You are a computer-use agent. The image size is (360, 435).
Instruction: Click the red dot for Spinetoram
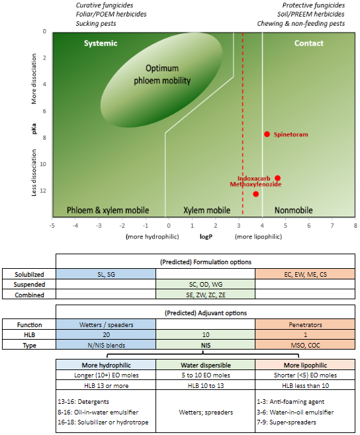pyautogui.click(x=267, y=134)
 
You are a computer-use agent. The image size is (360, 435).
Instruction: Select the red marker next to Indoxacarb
pyautogui.click(x=277, y=178)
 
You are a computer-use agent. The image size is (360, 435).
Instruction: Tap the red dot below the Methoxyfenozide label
pyautogui.click(x=255, y=194)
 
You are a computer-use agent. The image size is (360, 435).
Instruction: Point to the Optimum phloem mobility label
pyautogui.click(x=162, y=74)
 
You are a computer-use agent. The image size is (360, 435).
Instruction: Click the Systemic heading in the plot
pyautogui.click(x=101, y=43)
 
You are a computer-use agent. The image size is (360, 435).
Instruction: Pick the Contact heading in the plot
pyautogui.click(x=308, y=43)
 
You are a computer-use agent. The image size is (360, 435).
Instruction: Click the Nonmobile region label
pyautogui.click(x=293, y=211)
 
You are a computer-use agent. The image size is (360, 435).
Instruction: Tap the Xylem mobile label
pyautogui.click(x=206, y=211)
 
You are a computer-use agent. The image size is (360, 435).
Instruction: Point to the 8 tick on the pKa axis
pyautogui.click(x=44, y=138)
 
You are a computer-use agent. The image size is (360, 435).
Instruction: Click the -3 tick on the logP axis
pyautogui.click(x=99, y=226)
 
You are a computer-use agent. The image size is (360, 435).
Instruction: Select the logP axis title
pyautogui.click(x=206, y=236)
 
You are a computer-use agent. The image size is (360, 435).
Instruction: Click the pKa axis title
pyautogui.click(x=34, y=128)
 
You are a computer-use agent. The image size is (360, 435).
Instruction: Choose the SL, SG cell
pyautogui.click(x=106, y=274)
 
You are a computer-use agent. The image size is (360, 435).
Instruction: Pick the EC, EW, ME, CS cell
pyautogui.click(x=305, y=274)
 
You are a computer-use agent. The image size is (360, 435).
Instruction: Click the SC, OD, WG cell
pyautogui.click(x=206, y=284)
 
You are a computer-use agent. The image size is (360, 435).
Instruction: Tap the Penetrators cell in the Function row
pyautogui.click(x=305, y=325)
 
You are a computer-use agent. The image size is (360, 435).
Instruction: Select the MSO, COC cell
pyautogui.click(x=305, y=345)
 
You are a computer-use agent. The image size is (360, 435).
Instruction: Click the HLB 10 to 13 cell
pyautogui.click(x=206, y=385)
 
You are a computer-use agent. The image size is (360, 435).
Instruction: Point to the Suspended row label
pyautogui.click(x=29, y=285)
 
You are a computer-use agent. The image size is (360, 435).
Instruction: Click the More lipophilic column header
pyautogui.click(x=305, y=365)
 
